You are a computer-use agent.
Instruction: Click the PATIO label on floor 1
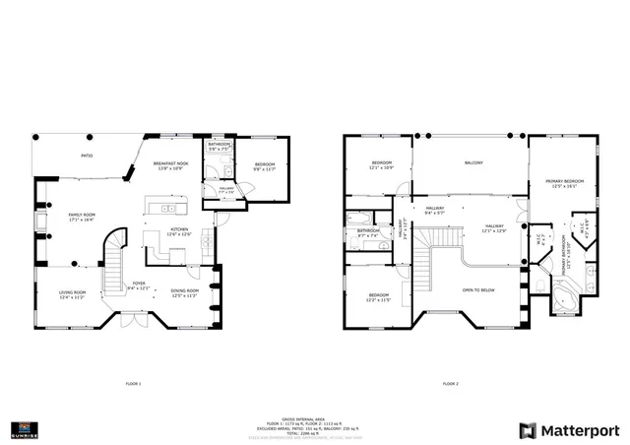[87, 156]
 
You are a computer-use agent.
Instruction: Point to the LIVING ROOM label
[73, 292]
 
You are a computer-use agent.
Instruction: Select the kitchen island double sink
[168, 210]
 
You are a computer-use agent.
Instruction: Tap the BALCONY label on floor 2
[473, 162]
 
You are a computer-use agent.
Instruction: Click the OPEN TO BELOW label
[477, 291]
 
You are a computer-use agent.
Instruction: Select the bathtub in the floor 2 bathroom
[359, 219]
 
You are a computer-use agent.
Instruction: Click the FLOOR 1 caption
[134, 382]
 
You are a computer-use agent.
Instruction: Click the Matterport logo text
[582, 430]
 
